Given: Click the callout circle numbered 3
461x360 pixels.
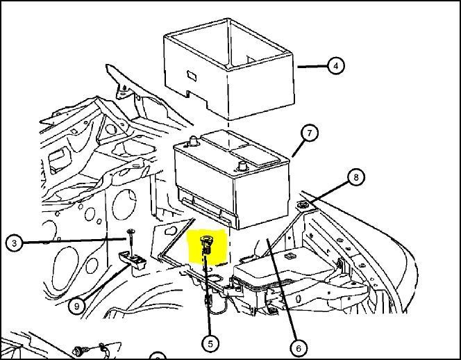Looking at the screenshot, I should point(14,243).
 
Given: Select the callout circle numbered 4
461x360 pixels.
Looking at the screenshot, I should point(335,66).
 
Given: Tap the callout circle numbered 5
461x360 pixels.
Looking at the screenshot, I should point(210,343).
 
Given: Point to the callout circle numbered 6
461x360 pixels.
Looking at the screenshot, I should point(299,347).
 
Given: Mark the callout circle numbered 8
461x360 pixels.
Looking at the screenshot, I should point(355,178).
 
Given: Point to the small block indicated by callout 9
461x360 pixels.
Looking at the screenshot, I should point(133,259).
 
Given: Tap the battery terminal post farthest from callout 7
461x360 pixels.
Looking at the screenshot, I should point(192,142).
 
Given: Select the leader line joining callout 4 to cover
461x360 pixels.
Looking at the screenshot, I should point(312,66).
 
